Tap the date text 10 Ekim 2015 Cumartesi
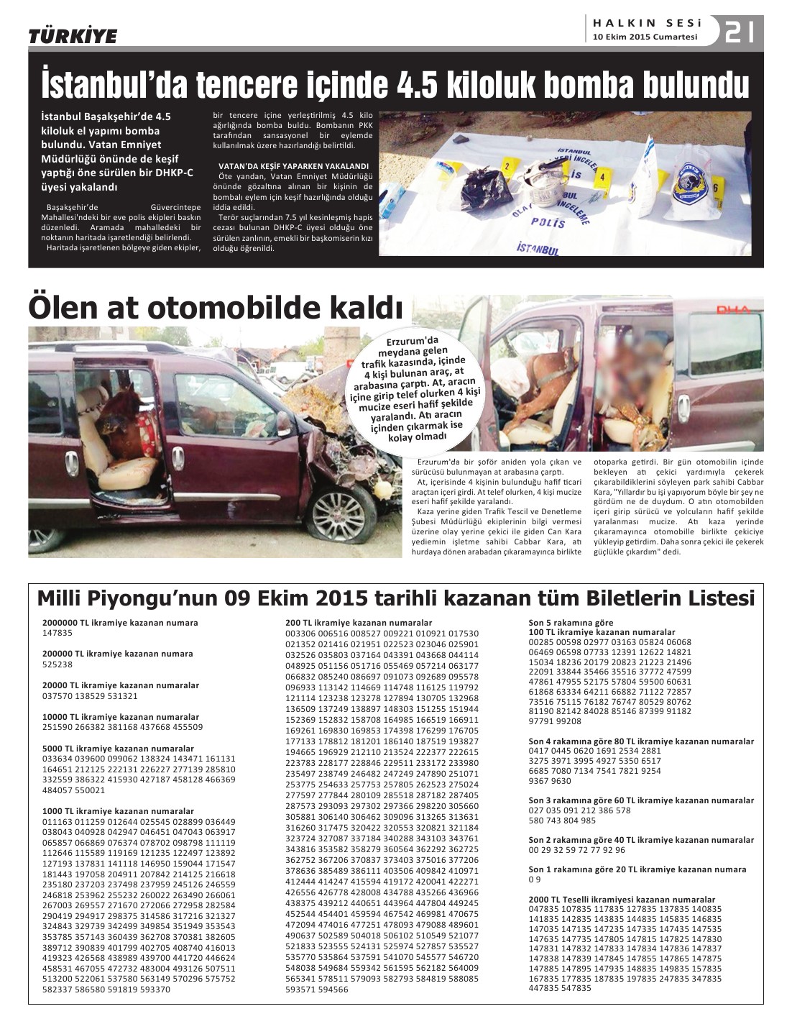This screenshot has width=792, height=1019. (x=645, y=38)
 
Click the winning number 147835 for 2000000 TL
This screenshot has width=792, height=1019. (x=57, y=633)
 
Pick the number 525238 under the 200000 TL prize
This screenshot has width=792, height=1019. (x=57, y=664)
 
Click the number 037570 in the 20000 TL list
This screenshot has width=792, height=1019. (x=57, y=696)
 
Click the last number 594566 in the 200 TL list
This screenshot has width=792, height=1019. (x=333, y=990)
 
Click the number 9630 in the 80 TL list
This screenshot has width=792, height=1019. (x=560, y=780)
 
